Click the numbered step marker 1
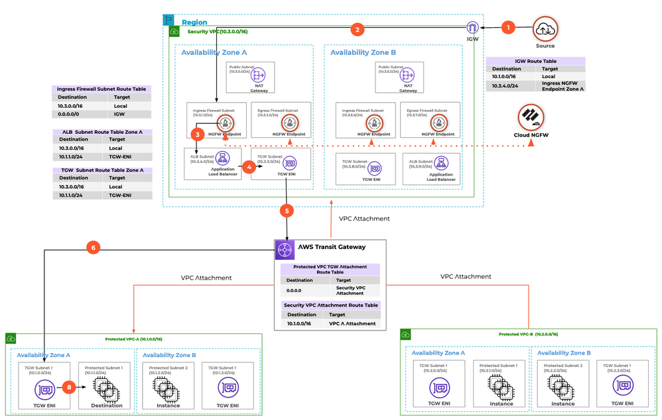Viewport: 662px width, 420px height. click(x=508, y=28)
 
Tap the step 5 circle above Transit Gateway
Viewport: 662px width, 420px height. click(x=287, y=211)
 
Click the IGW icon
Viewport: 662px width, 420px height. click(x=473, y=28)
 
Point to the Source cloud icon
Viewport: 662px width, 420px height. click(x=545, y=28)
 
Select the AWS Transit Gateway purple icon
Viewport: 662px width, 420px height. click(x=284, y=249)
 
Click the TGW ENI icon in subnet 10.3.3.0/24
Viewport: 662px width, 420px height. click(x=289, y=162)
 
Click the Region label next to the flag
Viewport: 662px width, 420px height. click(x=194, y=22)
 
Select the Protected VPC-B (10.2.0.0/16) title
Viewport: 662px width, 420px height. click(x=528, y=335)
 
